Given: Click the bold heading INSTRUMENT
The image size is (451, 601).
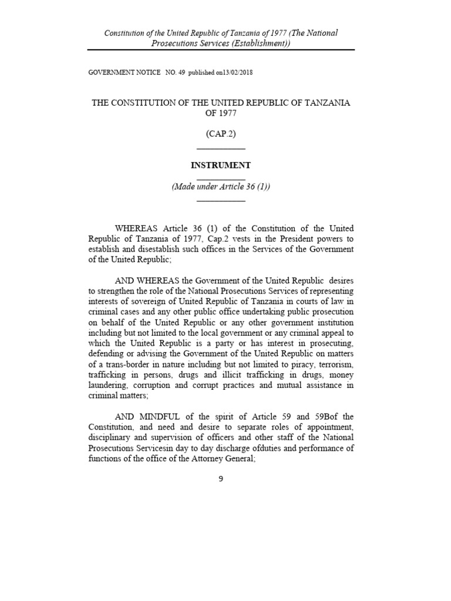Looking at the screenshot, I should coord(221,166).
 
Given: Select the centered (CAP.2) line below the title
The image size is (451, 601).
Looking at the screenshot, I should coord(221,134).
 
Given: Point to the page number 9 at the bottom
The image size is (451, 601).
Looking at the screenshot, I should coord(221,478).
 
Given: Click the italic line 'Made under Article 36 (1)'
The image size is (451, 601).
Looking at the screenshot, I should coord(221,187).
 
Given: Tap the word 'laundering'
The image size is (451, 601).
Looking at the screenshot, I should coord(109,385).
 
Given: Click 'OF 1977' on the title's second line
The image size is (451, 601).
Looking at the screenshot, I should coord(221,113).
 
